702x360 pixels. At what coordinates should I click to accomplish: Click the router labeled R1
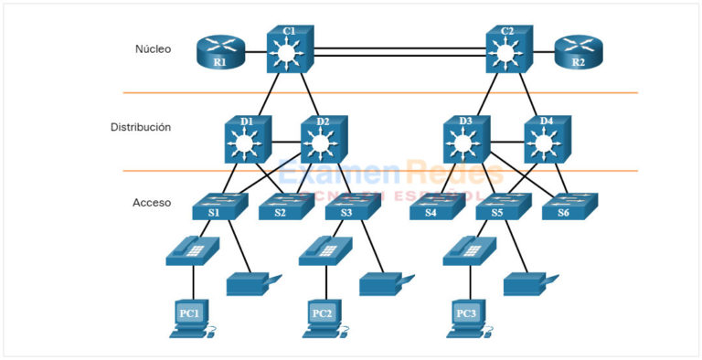pyautogui.click(x=218, y=54)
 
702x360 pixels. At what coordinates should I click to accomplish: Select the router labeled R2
pyautogui.click(x=578, y=54)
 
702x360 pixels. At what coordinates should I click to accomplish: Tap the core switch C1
pyautogui.click(x=290, y=49)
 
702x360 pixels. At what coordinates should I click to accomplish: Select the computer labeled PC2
pyautogui.click(x=323, y=317)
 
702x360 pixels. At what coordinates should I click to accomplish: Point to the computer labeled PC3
pyautogui.click(x=467, y=317)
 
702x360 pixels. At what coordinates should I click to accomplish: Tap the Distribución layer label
pyautogui.click(x=141, y=127)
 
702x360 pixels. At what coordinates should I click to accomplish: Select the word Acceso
pyautogui.click(x=152, y=202)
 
